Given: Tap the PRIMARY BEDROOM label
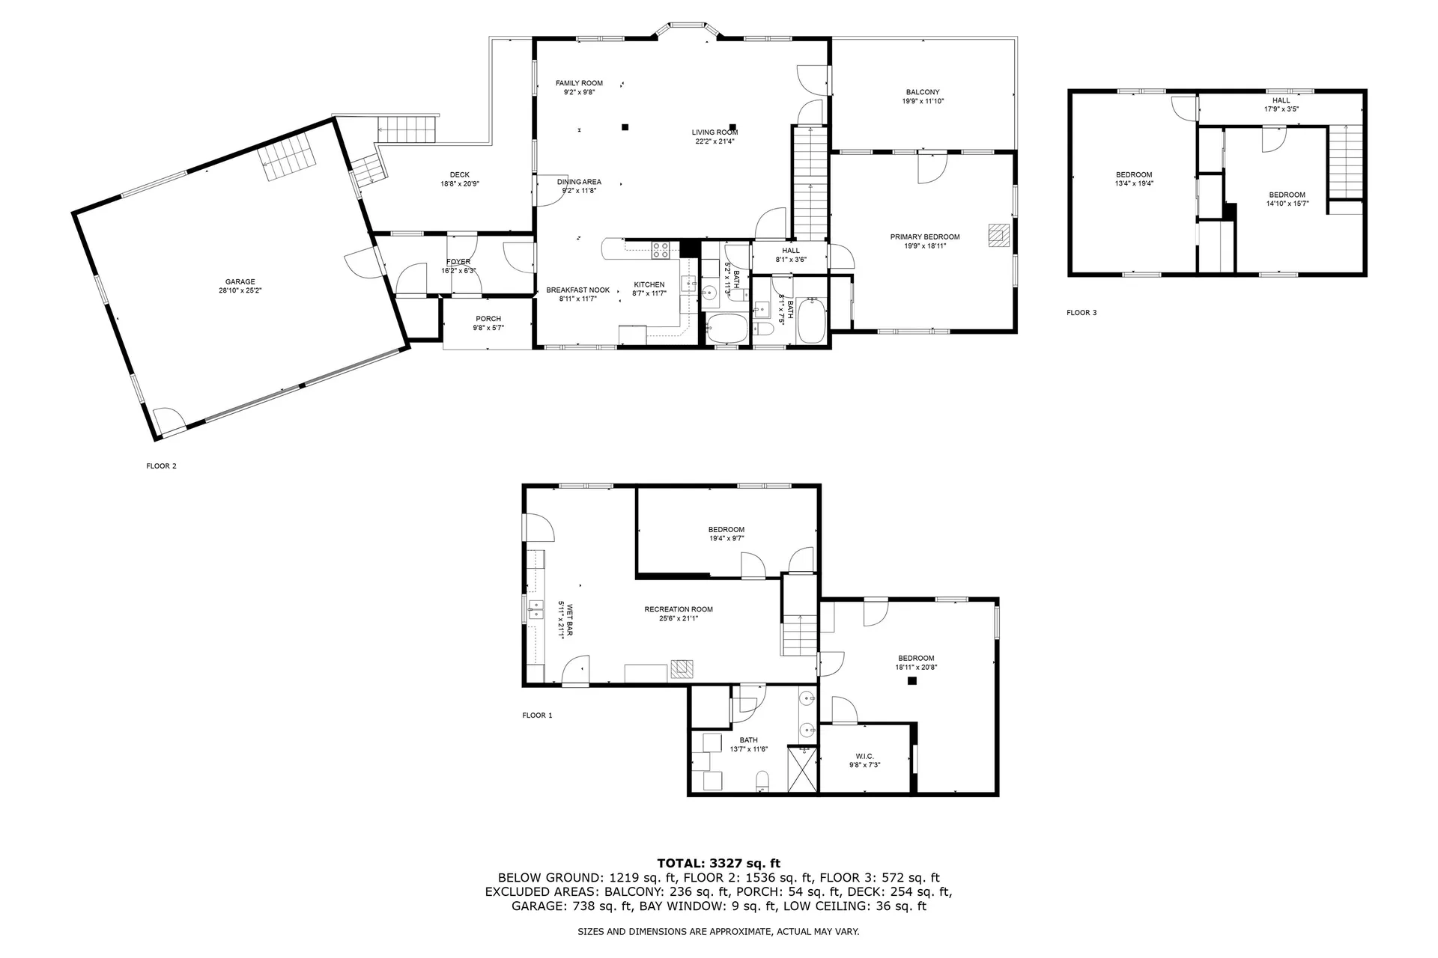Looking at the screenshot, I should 924,237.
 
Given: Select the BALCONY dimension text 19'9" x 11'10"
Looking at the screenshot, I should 923,101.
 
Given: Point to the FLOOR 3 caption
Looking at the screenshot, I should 1081,313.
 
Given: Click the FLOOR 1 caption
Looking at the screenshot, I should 537,716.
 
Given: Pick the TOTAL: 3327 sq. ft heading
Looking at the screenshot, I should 718,864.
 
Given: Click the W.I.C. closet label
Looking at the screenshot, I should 864,757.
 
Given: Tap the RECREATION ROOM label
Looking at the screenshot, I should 679,609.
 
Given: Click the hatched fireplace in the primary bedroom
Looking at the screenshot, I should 998,235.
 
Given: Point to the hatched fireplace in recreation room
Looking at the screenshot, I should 682,668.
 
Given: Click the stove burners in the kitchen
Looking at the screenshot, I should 661,250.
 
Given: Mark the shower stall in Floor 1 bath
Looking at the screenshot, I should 803,769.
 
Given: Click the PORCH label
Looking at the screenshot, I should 488,319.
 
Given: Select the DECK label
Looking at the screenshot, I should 459,175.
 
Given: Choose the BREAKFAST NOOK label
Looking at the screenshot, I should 577,290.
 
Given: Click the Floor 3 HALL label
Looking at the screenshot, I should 1281,100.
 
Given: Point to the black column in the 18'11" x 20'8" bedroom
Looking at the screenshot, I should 911,680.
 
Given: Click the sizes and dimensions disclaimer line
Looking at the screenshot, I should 718,932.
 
